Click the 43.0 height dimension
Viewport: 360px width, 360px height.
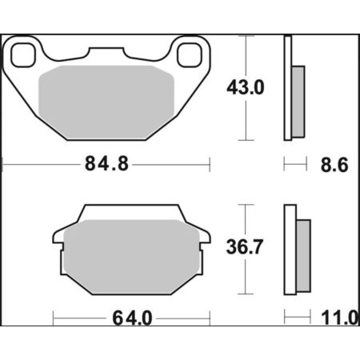[x=246, y=87]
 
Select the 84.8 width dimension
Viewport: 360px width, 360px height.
[x=106, y=164]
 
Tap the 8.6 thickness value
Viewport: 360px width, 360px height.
[x=334, y=165]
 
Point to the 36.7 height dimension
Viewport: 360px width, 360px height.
[x=245, y=246]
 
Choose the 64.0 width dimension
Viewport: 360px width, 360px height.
[x=132, y=318]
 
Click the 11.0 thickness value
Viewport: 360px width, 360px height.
[x=340, y=318]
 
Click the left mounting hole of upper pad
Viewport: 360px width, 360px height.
[x=23, y=55]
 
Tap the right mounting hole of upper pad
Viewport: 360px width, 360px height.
[x=190, y=55]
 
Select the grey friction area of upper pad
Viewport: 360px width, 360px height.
[x=106, y=102]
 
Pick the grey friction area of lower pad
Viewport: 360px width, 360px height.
[x=132, y=257]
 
